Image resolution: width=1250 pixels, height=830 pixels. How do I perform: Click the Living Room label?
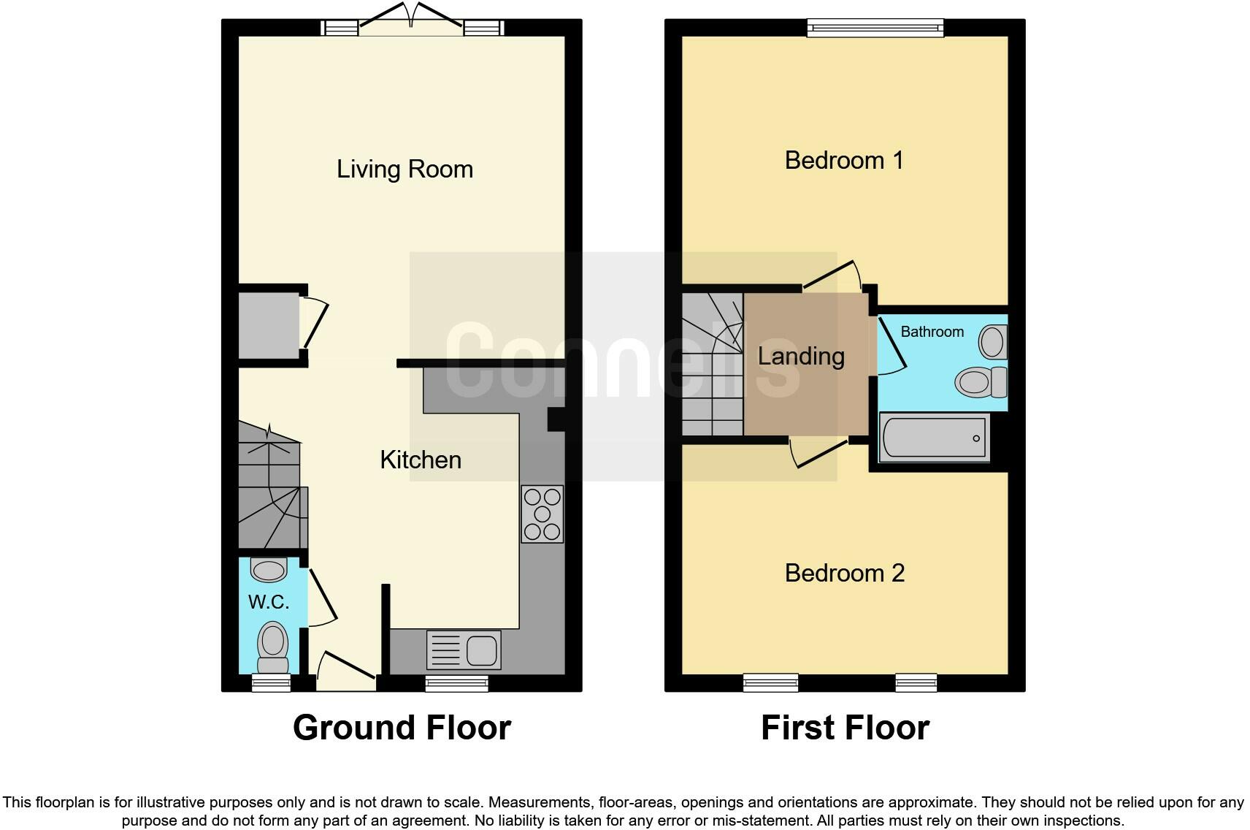click(404, 170)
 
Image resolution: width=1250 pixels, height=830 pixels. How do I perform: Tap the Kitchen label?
click(421, 460)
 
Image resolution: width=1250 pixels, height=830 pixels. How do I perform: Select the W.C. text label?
click(269, 602)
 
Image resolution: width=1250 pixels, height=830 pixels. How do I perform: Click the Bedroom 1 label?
click(844, 160)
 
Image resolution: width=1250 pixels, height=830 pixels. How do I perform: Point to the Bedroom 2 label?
click(845, 573)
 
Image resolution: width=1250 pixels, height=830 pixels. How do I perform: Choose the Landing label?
click(801, 357)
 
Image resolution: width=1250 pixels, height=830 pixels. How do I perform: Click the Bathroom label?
click(932, 332)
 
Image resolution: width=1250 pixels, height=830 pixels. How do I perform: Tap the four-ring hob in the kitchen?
click(542, 514)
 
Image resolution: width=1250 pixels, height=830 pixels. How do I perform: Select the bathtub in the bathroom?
click(934, 438)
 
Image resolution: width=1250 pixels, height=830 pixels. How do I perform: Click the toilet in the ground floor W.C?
click(272, 647)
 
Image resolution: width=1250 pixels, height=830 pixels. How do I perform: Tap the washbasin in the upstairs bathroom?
click(992, 341)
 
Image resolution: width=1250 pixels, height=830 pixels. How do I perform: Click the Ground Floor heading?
click(402, 728)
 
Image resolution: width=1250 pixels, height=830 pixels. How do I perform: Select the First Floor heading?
click(845, 728)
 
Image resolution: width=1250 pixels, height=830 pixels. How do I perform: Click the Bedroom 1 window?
click(875, 28)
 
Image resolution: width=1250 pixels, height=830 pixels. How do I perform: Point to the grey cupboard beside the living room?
click(269, 325)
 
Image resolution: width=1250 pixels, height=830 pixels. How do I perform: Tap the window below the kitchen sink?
click(456, 683)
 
